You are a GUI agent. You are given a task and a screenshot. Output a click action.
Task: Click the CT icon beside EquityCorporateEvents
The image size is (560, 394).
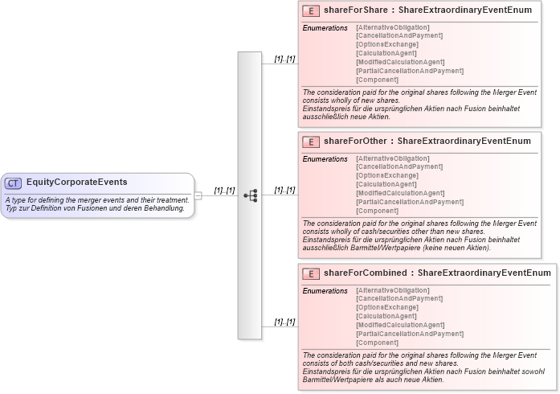pyautogui.click(x=14, y=183)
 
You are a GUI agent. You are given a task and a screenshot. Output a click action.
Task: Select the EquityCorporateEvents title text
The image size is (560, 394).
pyautogui.click(x=76, y=183)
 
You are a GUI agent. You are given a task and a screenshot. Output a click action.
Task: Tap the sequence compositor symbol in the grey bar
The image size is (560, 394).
pyautogui.click(x=250, y=195)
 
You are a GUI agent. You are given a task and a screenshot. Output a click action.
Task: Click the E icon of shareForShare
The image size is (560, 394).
pyautogui.click(x=311, y=11)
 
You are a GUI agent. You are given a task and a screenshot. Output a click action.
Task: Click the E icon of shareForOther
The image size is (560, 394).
pyautogui.click(x=311, y=142)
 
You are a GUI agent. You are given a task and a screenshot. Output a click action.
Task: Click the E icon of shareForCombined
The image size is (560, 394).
pyautogui.click(x=311, y=274)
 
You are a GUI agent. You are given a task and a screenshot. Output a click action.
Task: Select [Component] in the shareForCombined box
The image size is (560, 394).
pyautogui.click(x=377, y=343)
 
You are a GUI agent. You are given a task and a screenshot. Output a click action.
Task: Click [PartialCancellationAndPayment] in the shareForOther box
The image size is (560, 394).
pyautogui.click(x=409, y=202)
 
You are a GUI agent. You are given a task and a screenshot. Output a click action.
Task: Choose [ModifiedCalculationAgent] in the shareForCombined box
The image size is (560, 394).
pyautogui.click(x=399, y=325)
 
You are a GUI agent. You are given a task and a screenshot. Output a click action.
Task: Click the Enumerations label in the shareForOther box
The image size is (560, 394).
pyautogui.click(x=325, y=159)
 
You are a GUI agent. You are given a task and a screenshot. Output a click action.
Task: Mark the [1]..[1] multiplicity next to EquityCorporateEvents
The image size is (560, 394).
pyautogui.click(x=224, y=191)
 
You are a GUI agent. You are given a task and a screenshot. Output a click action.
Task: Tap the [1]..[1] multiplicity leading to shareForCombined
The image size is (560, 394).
pyautogui.click(x=284, y=322)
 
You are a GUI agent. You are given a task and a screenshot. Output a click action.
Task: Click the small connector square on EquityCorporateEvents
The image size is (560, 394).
pyautogui.click(x=198, y=195)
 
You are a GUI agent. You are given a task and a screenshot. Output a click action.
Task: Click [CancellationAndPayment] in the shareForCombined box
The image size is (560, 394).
pyautogui.click(x=399, y=298)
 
